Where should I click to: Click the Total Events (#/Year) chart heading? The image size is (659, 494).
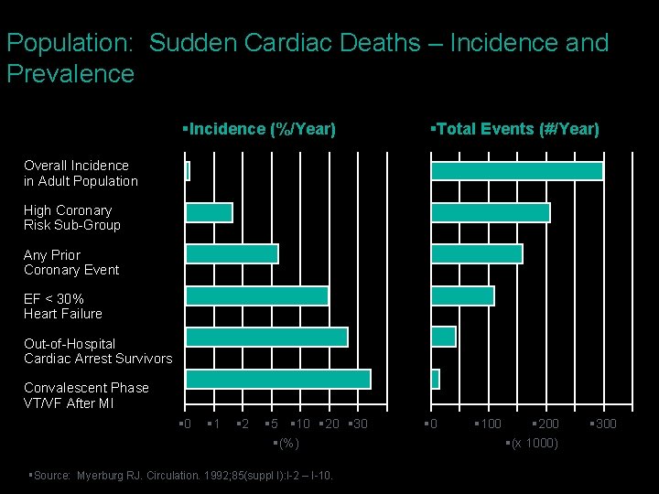tap(515, 130)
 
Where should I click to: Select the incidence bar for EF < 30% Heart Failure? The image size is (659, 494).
tap(257, 295)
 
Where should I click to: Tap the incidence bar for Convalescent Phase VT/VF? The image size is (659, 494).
tap(278, 379)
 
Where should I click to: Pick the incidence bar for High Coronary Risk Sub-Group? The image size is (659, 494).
tap(210, 212)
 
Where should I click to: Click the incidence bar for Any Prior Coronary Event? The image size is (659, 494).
tap(232, 253)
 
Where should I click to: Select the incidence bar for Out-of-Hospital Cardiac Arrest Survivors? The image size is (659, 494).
tap(266, 337)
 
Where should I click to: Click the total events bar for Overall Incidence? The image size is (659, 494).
tap(517, 171)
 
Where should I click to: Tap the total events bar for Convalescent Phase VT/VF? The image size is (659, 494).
tap(436, 379)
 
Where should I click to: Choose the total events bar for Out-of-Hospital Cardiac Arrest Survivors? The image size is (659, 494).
tap(444, 337)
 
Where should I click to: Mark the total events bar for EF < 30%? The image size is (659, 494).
tap(463, 295)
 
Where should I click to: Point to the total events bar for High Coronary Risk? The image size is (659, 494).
tap(491, 212)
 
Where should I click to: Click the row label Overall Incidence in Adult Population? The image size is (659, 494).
tap(81, 173)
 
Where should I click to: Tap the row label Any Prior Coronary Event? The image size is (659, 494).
tap(71, 263)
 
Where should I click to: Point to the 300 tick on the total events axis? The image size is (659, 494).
tap(605, 424)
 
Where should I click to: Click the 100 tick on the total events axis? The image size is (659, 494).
tap(490, 424)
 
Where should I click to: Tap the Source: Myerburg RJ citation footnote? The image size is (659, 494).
tap(182, 475)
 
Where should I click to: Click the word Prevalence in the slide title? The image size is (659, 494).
tap(70, 73)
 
